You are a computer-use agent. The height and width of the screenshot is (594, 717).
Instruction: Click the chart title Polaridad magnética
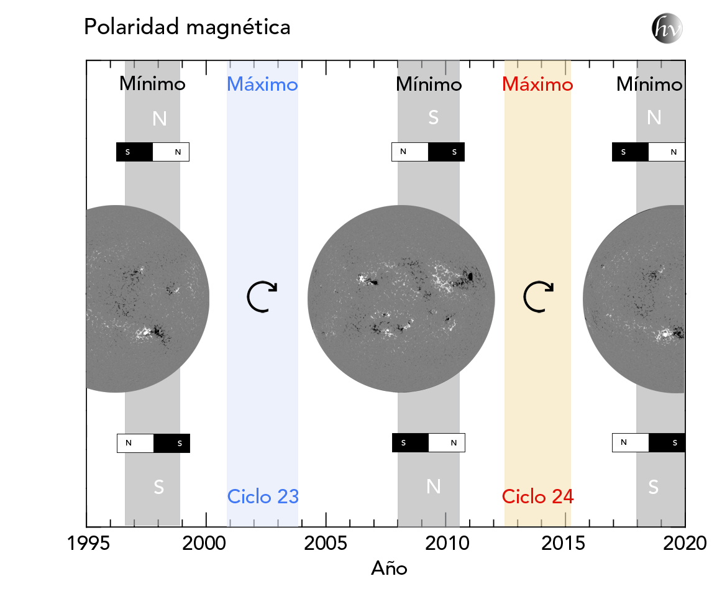(x=187, y=27)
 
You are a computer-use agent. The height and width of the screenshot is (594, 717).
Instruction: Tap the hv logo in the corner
(x=667, y=29)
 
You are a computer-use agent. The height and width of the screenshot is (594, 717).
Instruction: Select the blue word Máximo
(x=262, y=84)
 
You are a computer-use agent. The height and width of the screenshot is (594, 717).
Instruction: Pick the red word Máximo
(x=537, y=84)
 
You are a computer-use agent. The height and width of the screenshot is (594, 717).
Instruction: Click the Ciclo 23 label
(x=263, y=496)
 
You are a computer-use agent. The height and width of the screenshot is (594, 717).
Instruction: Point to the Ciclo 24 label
(x=537, y=496)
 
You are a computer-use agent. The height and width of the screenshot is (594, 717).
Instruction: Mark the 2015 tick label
(x=562, y=544)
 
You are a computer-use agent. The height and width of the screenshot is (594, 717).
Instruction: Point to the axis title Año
(x=389, y=568)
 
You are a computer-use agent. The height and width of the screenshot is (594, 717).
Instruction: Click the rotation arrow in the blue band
(x=262, y=296)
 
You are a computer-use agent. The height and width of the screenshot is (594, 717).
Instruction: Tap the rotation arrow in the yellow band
(x=537, y=296)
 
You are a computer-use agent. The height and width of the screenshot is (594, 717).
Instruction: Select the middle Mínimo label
(x=429, y=84)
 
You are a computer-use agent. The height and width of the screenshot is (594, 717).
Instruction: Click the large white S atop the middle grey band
(x=433, y=117)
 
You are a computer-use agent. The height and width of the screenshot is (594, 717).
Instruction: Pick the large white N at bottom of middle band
(x=434, y=487)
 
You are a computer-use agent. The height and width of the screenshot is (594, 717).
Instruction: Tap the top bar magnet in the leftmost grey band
(x=153, y=152)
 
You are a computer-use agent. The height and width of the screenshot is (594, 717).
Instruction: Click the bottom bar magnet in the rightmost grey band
(x=648, y=442)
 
